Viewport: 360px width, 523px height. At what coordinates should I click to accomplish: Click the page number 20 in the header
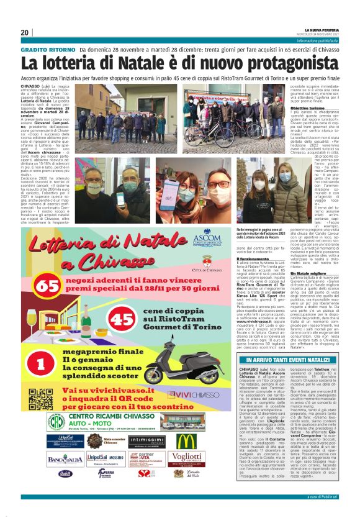pos(25,32)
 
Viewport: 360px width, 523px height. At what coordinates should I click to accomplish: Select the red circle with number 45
pos(124,320)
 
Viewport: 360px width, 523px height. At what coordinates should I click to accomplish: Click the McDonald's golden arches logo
pos(184,440)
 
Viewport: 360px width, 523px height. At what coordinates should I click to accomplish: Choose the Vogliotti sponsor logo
pos(184,458)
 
